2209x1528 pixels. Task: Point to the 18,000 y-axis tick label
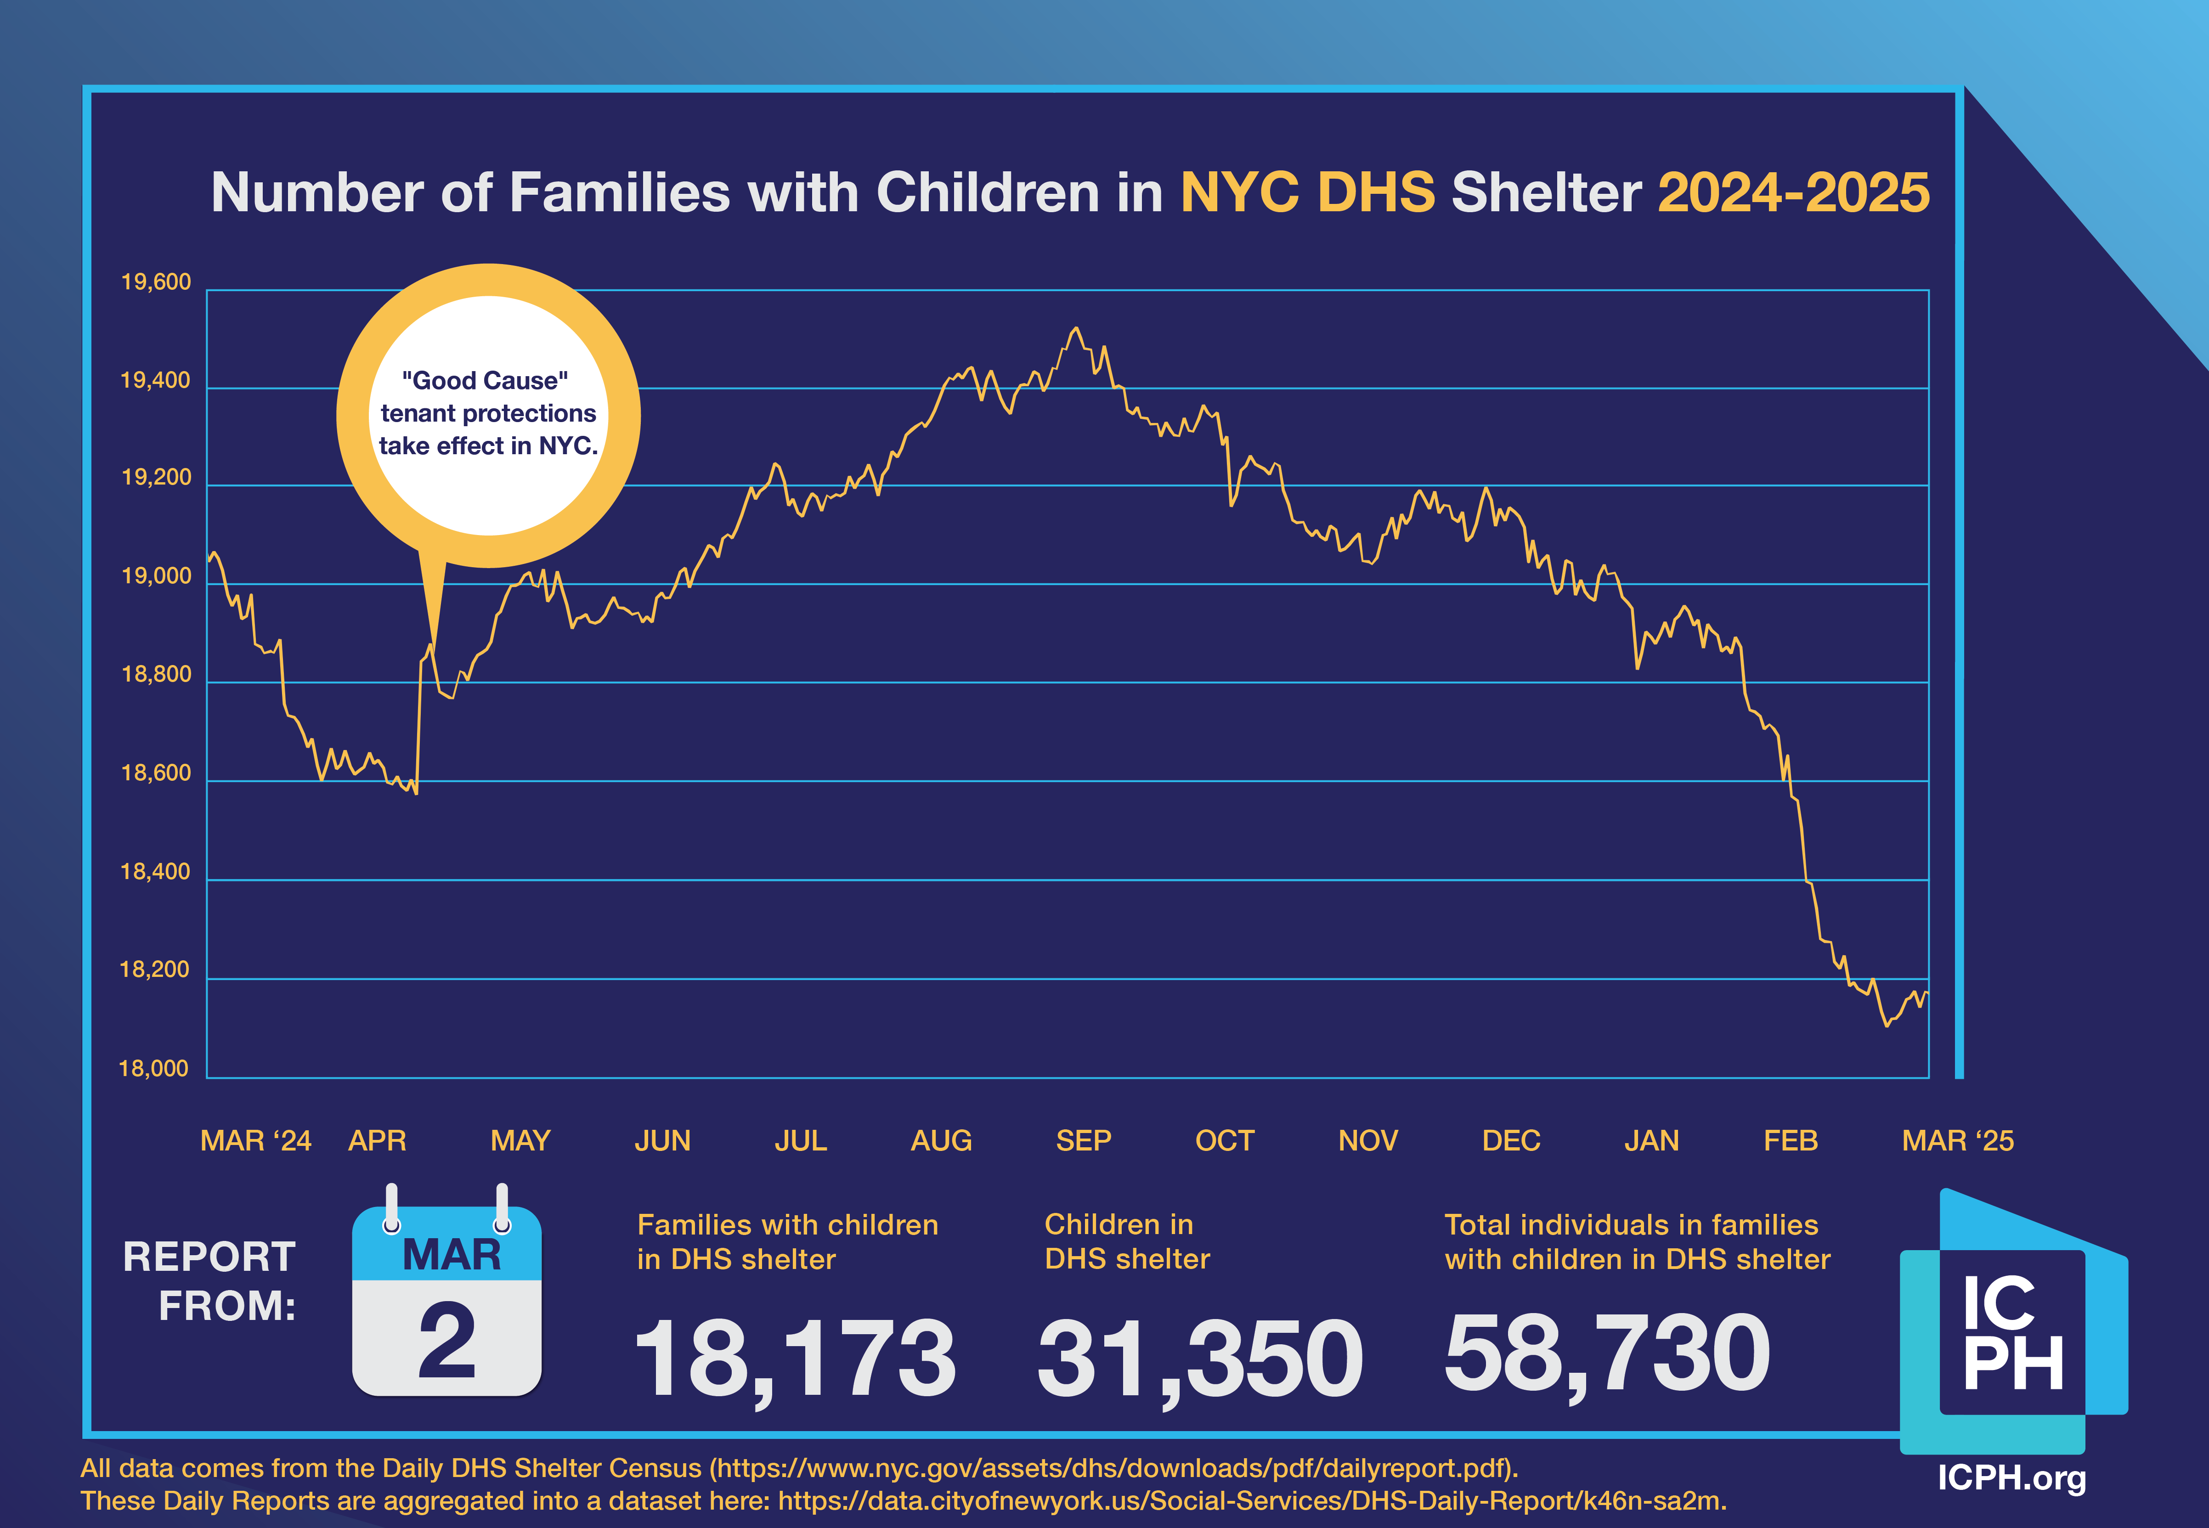click(x=153, y=1068)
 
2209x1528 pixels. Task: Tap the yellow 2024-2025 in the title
click(x=1793, y=192)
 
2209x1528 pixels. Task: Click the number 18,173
click(x=795, y=1358)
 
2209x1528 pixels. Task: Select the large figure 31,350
click(x=1200, y=1358)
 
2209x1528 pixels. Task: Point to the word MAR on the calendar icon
click(x=451, y=1255)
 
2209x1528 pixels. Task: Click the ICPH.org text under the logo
click(x=2011, y=1477)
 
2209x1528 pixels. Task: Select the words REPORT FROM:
click(x=210, y=1281)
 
